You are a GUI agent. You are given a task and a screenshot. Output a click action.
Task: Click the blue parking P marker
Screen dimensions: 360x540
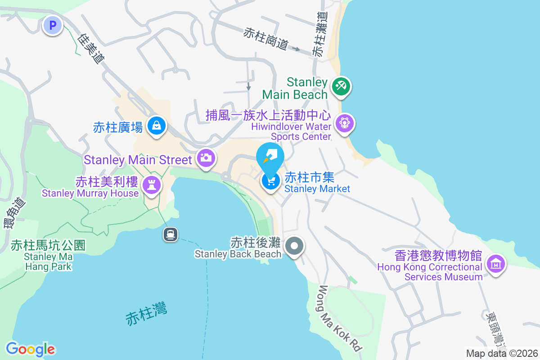click(53, 25)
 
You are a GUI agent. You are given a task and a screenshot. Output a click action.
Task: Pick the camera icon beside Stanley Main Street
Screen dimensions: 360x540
click(206, 158)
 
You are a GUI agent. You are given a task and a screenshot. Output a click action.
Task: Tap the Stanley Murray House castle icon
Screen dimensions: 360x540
click(151, 184)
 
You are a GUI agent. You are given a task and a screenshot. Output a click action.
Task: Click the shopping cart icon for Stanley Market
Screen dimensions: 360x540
click(271, 181)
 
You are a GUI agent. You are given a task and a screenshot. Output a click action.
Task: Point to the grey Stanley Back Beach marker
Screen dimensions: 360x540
click(295, 246)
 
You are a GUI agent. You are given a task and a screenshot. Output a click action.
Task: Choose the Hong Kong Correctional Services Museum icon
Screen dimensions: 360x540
click(496, 264)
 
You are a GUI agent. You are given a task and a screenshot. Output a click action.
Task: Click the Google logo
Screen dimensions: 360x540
click(30, 349)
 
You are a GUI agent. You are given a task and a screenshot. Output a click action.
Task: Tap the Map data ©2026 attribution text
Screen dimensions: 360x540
click(502, 353)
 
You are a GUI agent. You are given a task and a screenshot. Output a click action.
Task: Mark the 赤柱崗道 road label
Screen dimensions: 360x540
click(265, 39)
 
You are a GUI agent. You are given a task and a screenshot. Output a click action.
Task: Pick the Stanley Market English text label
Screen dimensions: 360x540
click(317, 189)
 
